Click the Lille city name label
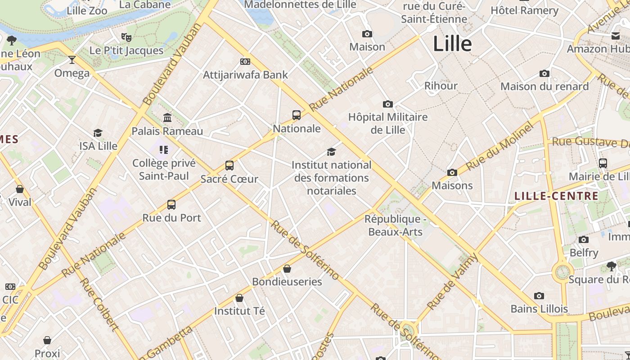click(452, 44)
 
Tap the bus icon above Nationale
click(297, 115)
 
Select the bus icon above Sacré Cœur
click(229, 166)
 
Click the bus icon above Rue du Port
click(171, 205)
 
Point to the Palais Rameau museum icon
click(167, 118)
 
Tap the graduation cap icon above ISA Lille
click(98, 133)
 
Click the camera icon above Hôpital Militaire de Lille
click(387, 104)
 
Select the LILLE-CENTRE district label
click(556, 196)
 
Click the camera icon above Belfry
click(584, 239)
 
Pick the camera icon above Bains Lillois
click(539, 296)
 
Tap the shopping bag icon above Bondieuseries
click(287, 269)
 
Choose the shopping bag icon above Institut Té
click(239, 298)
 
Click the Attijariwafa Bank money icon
click(245, 62)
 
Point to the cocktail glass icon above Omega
click(72, 59)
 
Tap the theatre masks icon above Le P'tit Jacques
click(126, 37)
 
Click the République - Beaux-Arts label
click(395, 225)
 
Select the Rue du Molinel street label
click(499, 146)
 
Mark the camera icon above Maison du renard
click(544, 73)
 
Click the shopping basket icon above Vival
click(20, 189)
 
